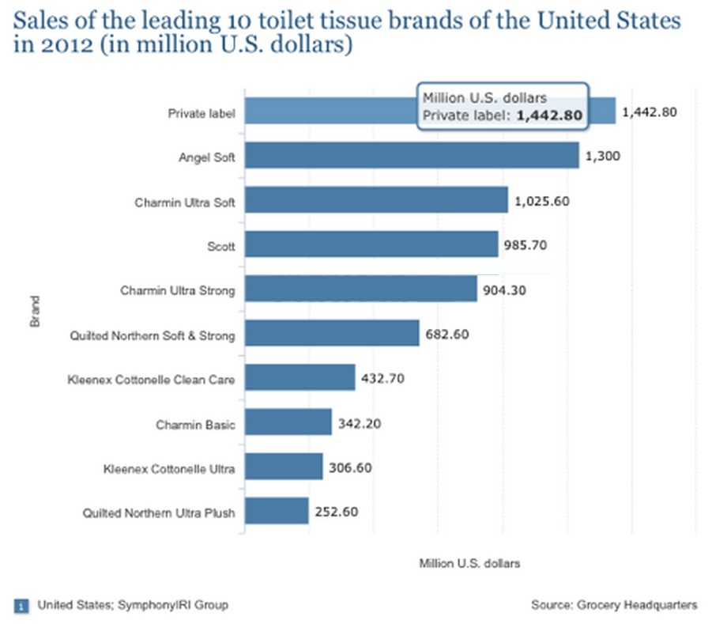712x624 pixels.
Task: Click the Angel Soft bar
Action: (x=411, y=156)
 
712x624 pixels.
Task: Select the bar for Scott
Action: (x=371, y=244)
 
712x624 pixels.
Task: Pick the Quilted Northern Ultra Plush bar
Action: (x=276, y=511)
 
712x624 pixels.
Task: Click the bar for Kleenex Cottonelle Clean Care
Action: (x=299, y=378)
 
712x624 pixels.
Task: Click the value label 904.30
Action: (x=505, y=290)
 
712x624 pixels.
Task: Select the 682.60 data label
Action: (x=448, y=335)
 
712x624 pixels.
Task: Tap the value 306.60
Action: (x=350, y=467)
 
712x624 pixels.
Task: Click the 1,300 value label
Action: (x=603, y=157)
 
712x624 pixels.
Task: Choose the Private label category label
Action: (x=202, y=113)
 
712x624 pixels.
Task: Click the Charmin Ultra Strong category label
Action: (x=177, y=291)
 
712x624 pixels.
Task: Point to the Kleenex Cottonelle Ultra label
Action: (x=169, y=469)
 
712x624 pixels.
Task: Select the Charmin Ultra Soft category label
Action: (x=184, y=202)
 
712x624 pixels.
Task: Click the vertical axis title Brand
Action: (x=35, y=312)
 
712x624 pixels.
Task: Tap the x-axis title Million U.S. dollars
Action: (x=469, y=564)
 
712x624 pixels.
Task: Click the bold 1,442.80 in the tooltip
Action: (x=549, y=115)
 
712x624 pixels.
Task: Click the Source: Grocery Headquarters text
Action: (x=614, y=605)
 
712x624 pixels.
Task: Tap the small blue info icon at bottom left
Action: (x=21, y=606)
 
